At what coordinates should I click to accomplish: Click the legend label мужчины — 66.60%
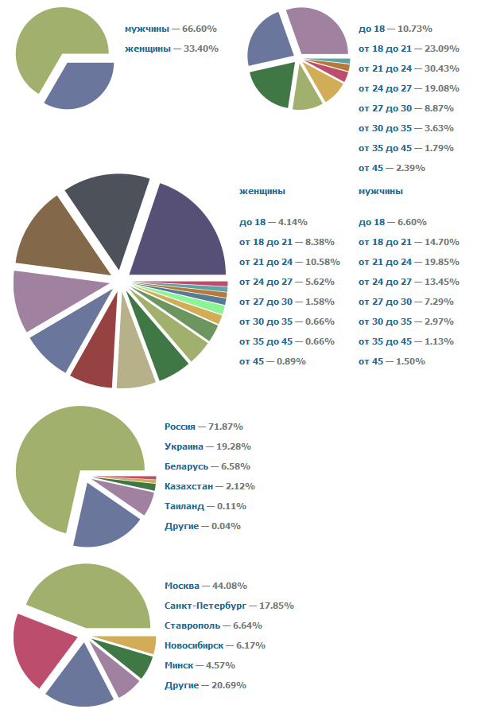tap(171, 29)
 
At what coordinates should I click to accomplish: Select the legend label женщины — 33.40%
tap(171, 49)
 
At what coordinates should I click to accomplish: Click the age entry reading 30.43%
tap(395, 68)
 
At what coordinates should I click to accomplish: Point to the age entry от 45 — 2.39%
tap(392, 168)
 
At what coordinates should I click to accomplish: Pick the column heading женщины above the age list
tap(262, 192)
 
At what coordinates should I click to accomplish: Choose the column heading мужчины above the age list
tap(381, 192)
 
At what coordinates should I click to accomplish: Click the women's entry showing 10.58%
tap(289, 262)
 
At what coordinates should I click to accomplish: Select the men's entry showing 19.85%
tap(406, 262)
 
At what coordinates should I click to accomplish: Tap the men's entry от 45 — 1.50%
tap(392, 361)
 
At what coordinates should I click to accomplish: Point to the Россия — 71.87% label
tap(204, 427)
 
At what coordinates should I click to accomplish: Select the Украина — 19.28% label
tap(206, 446)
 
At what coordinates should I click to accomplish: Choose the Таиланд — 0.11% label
tap(205, 506)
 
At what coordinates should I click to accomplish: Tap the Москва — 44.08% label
tap(204, 586)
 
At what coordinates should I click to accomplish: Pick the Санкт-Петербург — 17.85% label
tap(229, 606)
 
